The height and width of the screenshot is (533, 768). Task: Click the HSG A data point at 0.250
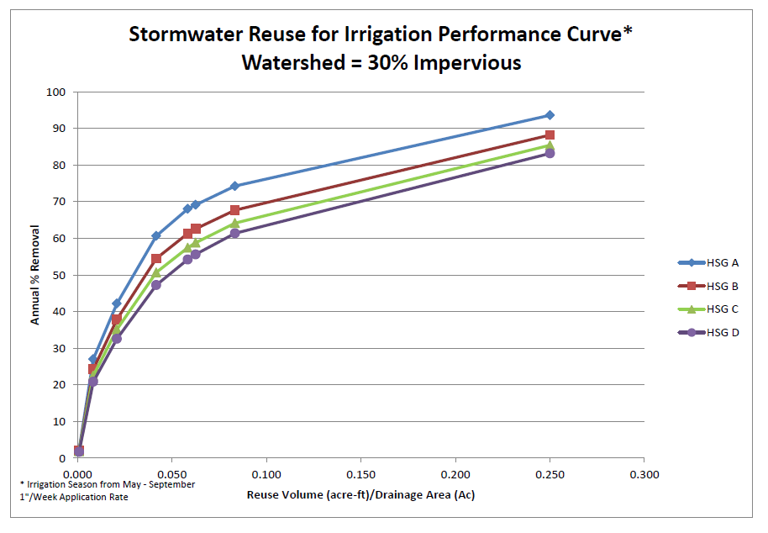[x=550, y=115]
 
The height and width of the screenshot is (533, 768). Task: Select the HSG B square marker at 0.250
[x=550, y=135]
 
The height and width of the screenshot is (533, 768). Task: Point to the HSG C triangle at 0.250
[x=550, y=145]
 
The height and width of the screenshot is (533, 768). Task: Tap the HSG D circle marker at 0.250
[x=550, y=154]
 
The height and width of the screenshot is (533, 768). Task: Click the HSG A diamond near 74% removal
[x=234, y=186]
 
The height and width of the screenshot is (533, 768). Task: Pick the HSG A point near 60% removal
[x=156, y=236]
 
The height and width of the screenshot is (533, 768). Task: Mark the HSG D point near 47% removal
[x=156, y=285]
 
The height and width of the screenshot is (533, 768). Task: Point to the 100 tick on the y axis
[x=58, y=92]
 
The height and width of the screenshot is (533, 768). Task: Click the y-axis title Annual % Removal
[x=36, y=275]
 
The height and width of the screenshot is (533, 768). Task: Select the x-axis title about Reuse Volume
[x=360, y=494]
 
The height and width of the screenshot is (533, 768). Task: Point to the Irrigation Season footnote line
[x=107, y=484]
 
